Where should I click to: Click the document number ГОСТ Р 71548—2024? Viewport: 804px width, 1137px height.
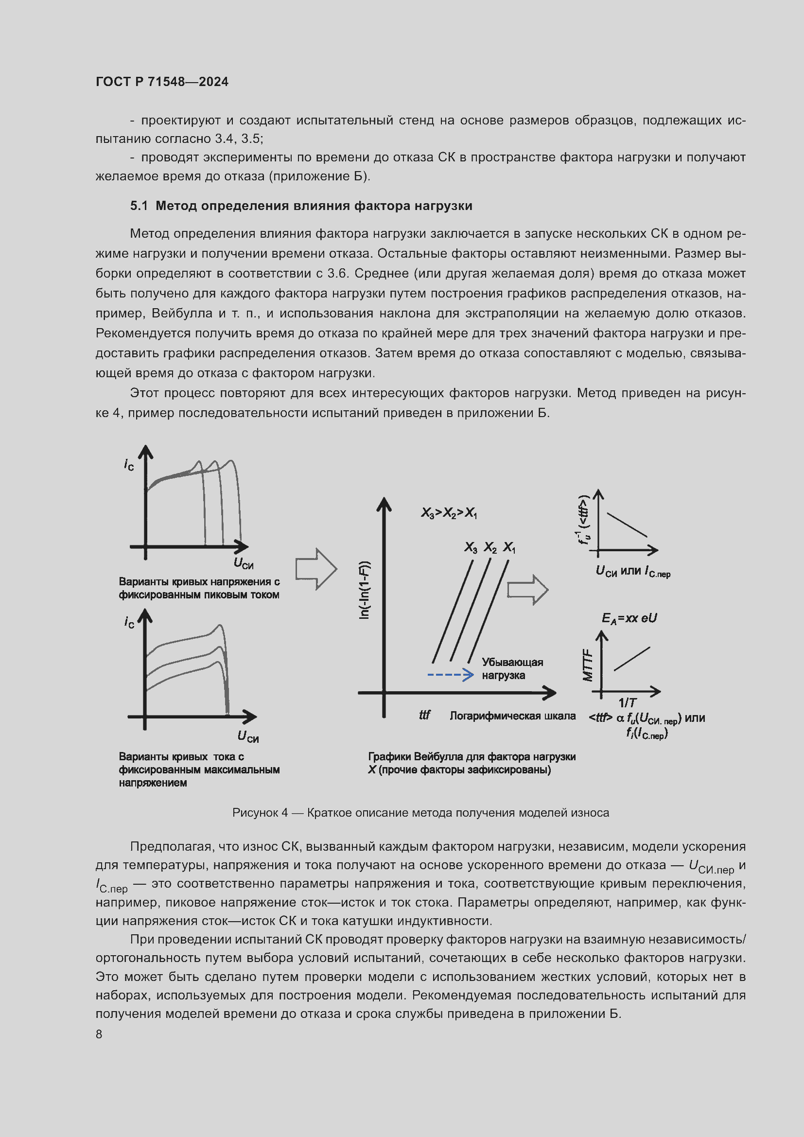162,82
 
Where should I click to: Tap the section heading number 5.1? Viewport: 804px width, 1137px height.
139,206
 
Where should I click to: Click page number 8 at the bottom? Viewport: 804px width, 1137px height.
99,1034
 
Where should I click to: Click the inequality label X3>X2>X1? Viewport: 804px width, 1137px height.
449,512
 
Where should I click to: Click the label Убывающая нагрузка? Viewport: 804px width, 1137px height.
512,668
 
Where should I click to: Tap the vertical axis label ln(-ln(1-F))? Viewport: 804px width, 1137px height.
365,590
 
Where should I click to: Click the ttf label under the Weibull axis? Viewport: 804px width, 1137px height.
424,715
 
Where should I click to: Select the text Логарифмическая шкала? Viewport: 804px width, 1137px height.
512,716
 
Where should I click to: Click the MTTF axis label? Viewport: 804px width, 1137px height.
588,665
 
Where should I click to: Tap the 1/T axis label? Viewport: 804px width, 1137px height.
627,702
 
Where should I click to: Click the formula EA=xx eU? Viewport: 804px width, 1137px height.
629,618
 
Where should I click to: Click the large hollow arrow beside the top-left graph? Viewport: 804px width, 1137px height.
316,569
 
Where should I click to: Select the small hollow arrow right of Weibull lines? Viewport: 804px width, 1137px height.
528,589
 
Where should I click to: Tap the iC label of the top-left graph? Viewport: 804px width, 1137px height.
129,465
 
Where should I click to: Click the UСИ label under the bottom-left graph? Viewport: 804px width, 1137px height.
248,736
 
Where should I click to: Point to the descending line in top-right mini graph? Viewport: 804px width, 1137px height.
627,525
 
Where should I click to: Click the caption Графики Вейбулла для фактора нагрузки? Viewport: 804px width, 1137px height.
472,757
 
